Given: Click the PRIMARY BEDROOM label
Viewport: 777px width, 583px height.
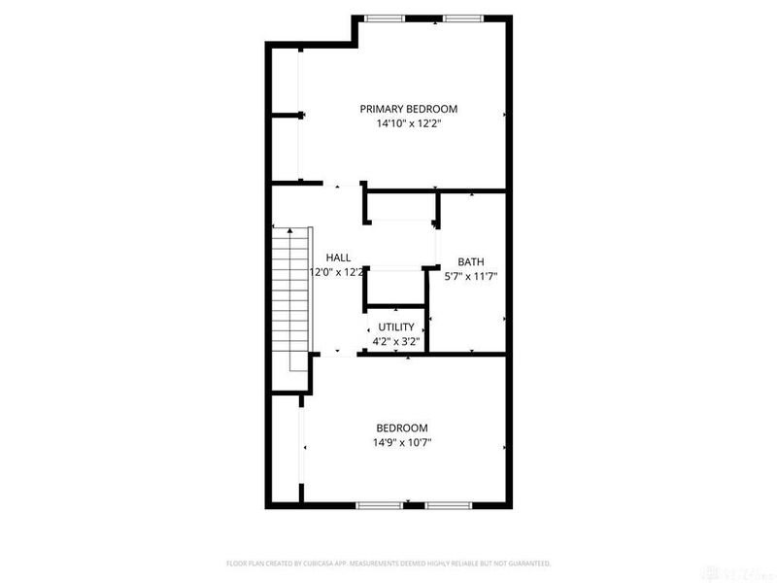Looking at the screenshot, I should click(x=408, y=109).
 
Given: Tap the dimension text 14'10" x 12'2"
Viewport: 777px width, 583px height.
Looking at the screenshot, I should click(x=408, y=124).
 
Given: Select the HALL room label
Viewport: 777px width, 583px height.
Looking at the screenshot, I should click(x=338, y=257).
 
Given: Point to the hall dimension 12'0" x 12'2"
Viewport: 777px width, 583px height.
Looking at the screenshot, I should click(x=336, y=272).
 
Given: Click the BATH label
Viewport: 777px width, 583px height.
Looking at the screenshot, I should click(x=471, y=261).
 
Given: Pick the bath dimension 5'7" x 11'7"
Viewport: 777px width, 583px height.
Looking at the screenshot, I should click(x=471, y=276).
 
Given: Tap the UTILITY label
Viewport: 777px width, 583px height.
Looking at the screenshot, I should click(x=395, y=326).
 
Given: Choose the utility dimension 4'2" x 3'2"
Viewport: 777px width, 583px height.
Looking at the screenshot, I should click(x=395, y=341).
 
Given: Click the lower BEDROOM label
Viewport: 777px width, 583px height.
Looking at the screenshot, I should click(x=402, y=428).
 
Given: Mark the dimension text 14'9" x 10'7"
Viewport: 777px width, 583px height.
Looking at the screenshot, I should click(x=402, y=442).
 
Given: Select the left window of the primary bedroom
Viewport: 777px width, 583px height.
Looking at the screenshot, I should click(x=385, y=18).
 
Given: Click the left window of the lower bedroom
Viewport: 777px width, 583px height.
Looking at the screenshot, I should click(x=379, y=505).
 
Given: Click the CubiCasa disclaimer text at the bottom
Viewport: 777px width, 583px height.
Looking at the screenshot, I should click(x=388, y=564).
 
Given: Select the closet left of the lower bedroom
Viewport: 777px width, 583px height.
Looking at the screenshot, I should click(x=286, y=449).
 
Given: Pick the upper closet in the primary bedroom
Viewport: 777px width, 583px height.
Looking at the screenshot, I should click(x=284, y=80).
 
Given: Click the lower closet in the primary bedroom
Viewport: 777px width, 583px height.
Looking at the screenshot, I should click(x=284, y=149).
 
